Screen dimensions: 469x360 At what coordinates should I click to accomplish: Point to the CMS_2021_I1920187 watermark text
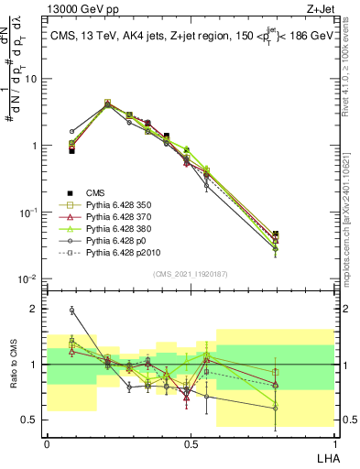point(191,274)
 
